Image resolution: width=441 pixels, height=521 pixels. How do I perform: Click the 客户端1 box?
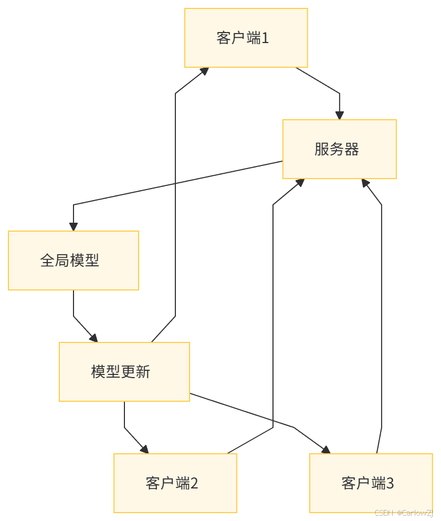click(x=246, y=38)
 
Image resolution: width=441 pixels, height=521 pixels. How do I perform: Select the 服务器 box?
click(x=339, y=149)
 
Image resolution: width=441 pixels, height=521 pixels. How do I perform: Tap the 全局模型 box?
click(x=73, y=260)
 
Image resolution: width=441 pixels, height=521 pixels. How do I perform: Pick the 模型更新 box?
click(x=124, y=372)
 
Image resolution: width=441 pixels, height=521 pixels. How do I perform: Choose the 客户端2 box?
click(x=175, y=483)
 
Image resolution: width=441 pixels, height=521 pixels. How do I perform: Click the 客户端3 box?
click(x=371, y=483)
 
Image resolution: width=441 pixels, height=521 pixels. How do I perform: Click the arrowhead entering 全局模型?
click(x=73, y=226)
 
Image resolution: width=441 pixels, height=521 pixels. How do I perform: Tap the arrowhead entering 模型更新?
click(x=94, y=338)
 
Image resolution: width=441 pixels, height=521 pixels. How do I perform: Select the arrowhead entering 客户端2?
click(x=145, y=449)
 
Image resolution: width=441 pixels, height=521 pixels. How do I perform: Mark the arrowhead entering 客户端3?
click(x=326, y=450)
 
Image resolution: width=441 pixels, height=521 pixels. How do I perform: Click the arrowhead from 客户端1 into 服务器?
click(x=339, y=115)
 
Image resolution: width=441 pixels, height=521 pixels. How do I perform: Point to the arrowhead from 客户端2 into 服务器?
click(x=300, y=182)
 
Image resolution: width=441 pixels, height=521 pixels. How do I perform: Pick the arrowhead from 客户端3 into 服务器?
click(x=365, y=183)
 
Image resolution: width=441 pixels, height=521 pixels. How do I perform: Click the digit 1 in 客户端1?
click(x=265, y=38)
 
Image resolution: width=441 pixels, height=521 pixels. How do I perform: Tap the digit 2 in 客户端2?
click(x=194, y=483)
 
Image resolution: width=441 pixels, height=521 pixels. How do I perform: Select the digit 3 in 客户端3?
click(x=390, y=483)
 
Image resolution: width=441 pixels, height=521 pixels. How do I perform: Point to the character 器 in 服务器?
click(x=352, y=149)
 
